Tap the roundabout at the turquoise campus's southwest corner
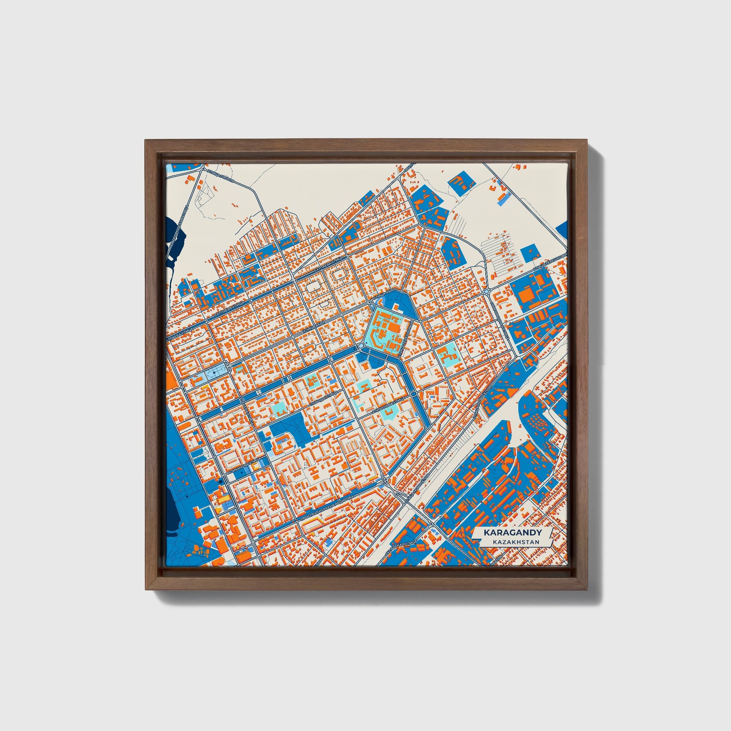(x=361, y=346)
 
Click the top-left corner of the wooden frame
(x=145, y=140)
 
